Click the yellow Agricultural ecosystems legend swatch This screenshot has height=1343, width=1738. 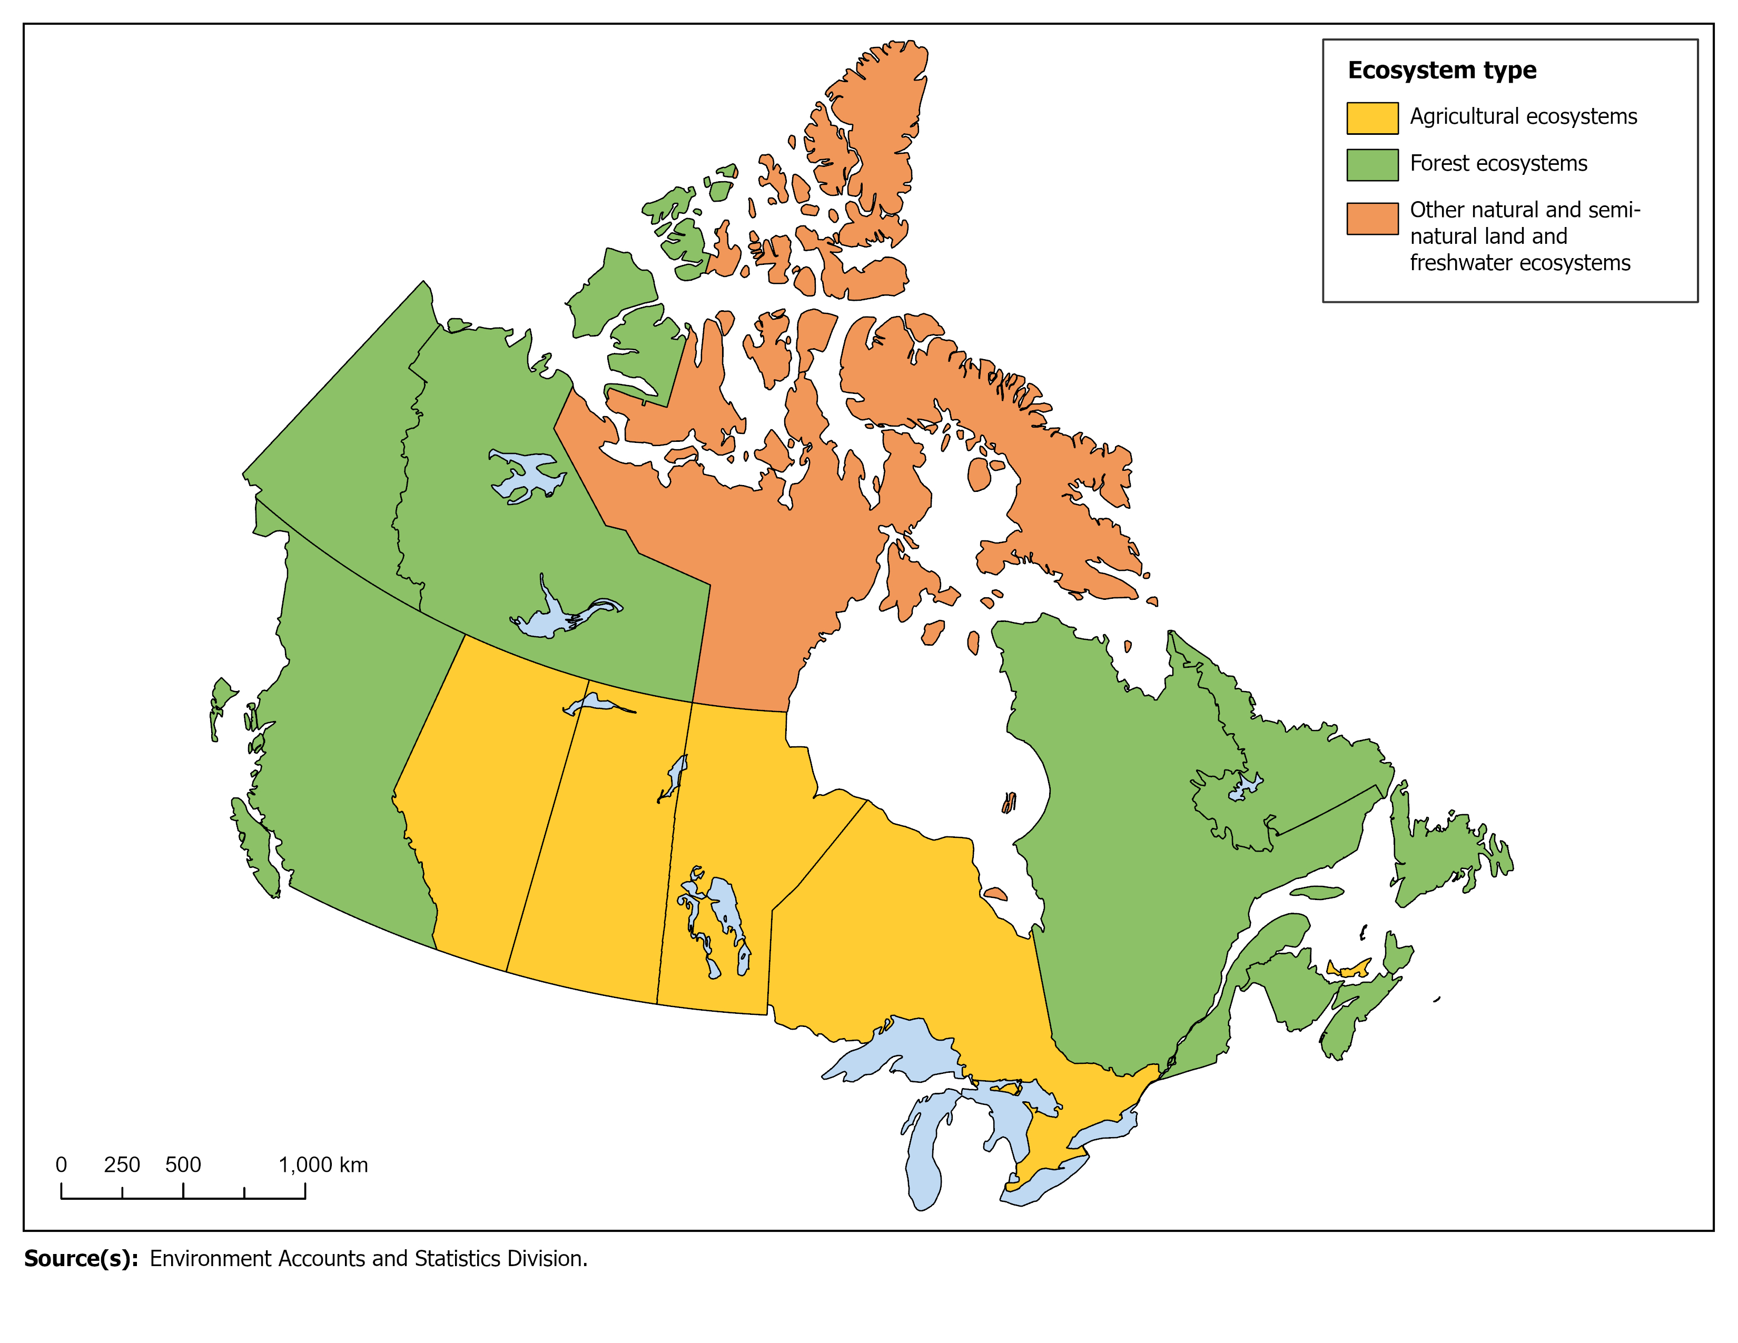[1372, 118]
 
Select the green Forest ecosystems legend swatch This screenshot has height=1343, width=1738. [1372, 165]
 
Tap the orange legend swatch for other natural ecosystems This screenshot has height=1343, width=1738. [1372, 218]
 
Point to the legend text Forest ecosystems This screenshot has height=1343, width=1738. [1498, 163]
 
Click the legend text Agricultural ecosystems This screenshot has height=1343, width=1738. [1523, 116]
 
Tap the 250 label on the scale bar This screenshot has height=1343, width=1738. [122, 1165]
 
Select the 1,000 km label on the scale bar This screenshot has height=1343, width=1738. [323, 1165]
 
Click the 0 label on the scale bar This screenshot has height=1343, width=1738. [61, 1165]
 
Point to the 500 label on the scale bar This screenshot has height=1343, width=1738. [183, 1165]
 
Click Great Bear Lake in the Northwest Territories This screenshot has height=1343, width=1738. [525, 475]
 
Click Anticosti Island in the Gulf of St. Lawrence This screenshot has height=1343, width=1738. [1317, 893]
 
